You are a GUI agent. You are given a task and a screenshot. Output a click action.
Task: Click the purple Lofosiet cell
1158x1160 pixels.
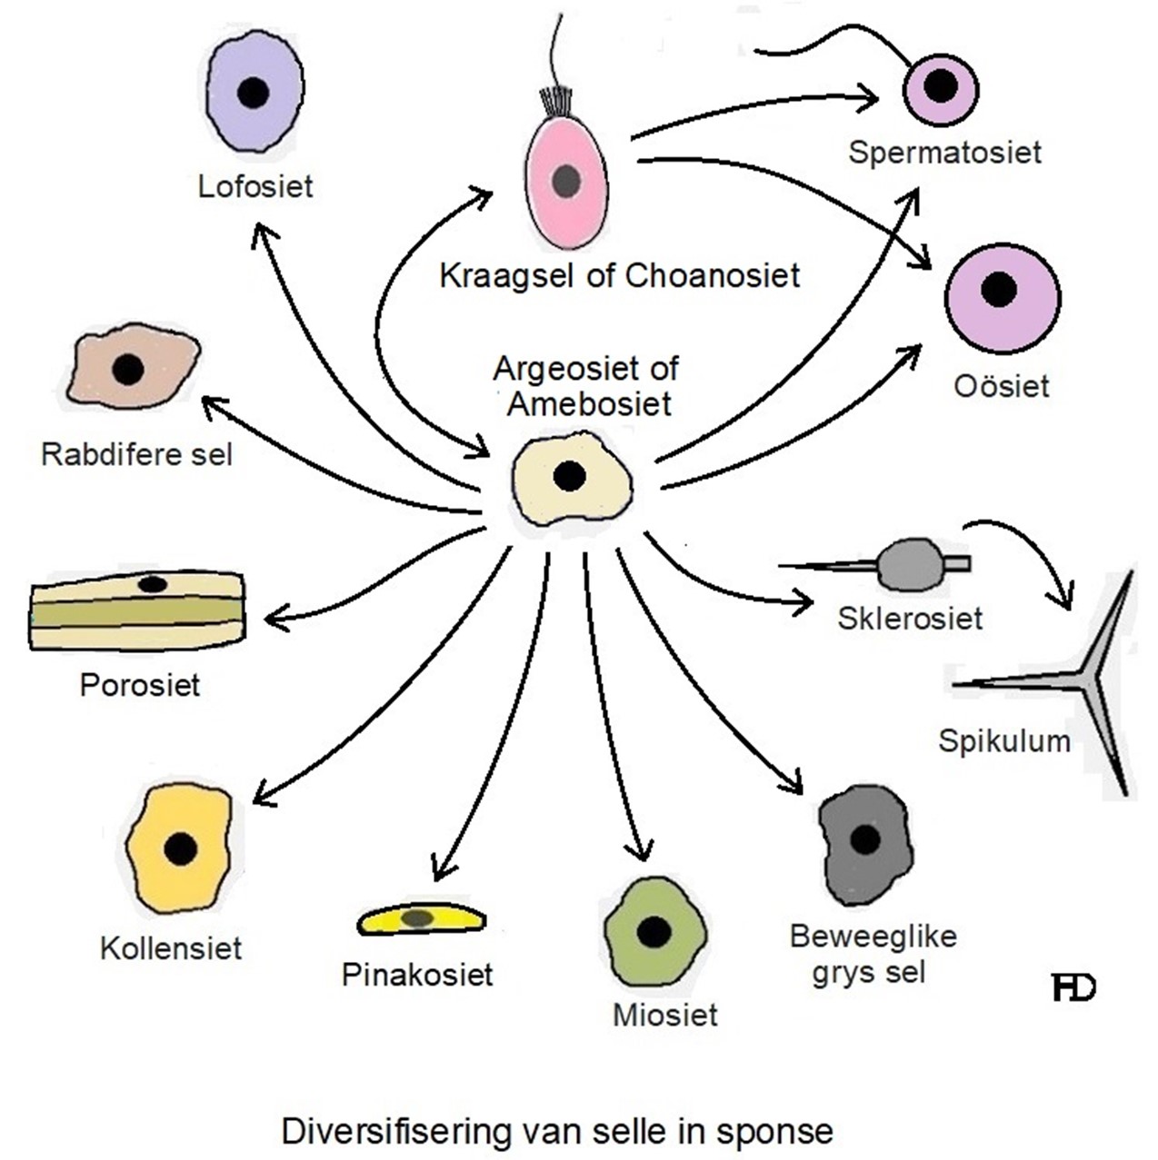click(254, 93)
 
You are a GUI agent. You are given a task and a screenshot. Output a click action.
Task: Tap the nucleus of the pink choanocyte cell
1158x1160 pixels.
click(566, 181)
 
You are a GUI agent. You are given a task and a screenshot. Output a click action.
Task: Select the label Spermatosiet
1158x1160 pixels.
click(944, 152)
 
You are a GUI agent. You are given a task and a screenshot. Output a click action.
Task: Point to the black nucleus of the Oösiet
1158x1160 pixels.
click(999, 289)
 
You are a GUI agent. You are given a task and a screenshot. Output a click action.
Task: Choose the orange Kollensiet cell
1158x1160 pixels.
click(179, 848)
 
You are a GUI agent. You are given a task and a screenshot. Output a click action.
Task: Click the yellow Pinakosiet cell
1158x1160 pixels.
click(420, 919)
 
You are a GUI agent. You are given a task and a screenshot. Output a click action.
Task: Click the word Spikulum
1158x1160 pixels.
click(1003, 741)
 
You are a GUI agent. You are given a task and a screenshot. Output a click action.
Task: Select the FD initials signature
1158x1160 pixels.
click(1073, 988)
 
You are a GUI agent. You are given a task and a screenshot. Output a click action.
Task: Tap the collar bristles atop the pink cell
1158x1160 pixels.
click(555, 101)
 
